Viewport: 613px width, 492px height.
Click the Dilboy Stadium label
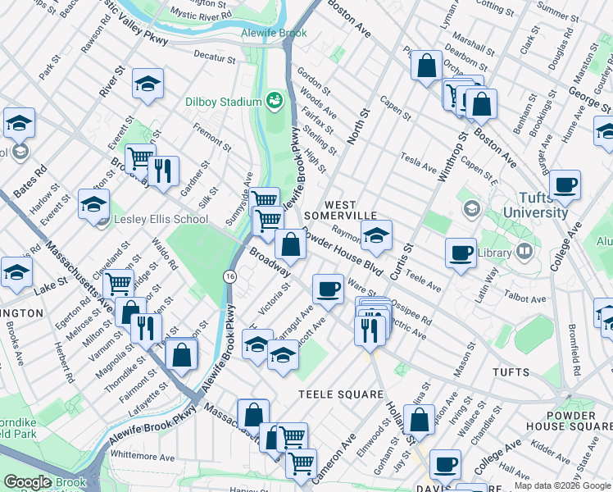point(222,102)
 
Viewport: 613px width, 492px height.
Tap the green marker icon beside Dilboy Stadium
point(274,102)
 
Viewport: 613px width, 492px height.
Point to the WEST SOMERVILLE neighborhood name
point(352,209)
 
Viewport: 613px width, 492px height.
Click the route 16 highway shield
point(230,278)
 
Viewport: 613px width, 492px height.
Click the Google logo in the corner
point(28,482)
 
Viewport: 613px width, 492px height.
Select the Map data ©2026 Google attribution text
point(562,485)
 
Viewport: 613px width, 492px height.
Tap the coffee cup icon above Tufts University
point(565,184)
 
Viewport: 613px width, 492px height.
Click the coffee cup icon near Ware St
point(328,289)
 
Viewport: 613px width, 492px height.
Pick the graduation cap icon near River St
point(148,83)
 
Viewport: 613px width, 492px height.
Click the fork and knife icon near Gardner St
point(165,171)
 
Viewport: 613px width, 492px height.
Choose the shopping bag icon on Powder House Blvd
point(290,243)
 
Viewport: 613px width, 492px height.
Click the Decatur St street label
point(215,59)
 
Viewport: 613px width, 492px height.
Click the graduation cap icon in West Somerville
point(376,235)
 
